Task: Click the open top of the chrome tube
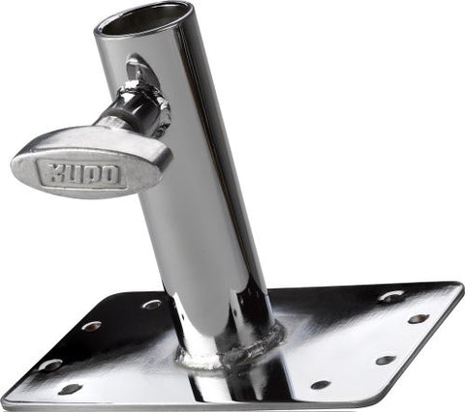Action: [x=142, y=16]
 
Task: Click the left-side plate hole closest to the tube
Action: [x=152, y=304]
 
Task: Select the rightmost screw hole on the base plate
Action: [x=418, y=318]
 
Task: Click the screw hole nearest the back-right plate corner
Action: [x=392, y=296]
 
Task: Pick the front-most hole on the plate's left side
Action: [x=70, y=389]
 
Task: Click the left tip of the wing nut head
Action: [x=15, y=166]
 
